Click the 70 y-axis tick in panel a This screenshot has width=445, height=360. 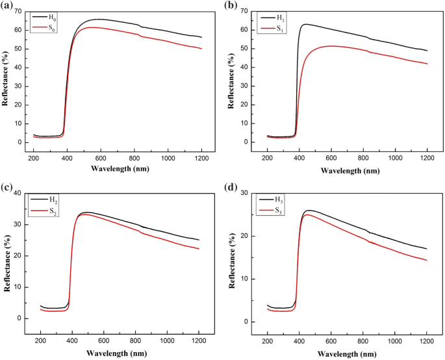(x=18, y=11)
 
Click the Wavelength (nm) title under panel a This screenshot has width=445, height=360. (x=120, y=171)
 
